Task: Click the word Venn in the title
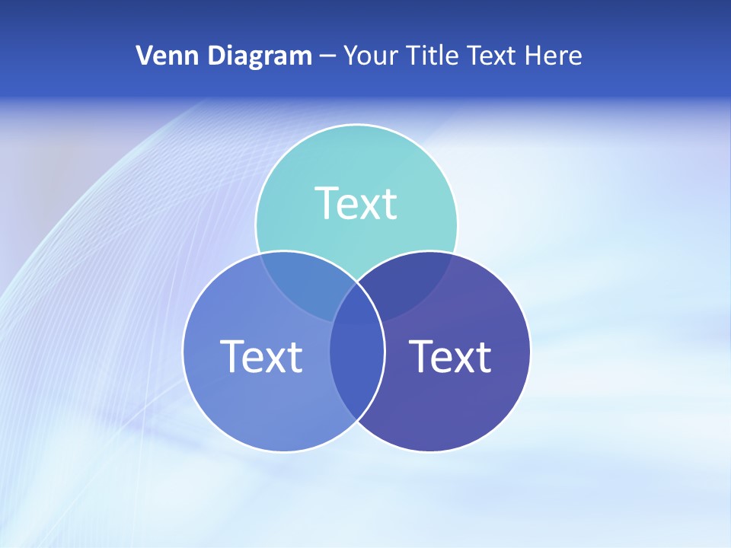[x=161, y=56]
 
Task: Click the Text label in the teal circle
[x=356, y=203]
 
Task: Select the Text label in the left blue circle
[x=261, y=356]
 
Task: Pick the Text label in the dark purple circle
[x=450, y=356]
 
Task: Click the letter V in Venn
[x=144, y=56]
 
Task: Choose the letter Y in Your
[x=350, y=56]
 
